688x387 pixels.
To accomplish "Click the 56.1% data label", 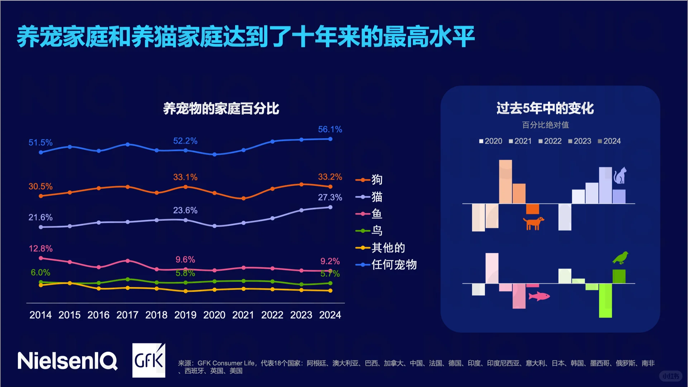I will tap(330, 129).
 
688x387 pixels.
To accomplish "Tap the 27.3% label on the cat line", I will tap(330, 197).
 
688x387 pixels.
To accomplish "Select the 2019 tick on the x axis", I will tap(185, 315).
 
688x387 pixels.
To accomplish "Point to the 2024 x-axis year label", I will tap(330, 315).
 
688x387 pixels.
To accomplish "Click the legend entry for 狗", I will tap(369, 180).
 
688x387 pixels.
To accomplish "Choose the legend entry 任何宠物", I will tap(386, 265).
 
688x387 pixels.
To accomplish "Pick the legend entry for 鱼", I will tap(369, 214).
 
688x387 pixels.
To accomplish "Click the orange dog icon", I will tap(533, 223).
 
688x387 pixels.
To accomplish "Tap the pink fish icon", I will tap(539, 296).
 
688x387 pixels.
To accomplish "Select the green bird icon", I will tap(620, 258).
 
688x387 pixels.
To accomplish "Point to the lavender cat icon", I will tap(620, 176).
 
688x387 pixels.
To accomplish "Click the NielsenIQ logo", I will tap(67, 360).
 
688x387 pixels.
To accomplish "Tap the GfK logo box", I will tap(149, 360).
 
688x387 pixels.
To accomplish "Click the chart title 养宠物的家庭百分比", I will tap(221, 109).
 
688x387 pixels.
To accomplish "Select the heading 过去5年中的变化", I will tap(545, 108).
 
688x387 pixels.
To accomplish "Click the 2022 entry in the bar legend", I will tap(550, 141).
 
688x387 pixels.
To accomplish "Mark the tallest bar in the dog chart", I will tap(505, 182).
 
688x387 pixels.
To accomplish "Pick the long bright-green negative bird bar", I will tap(605, 300).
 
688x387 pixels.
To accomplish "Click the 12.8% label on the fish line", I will tap(40, 249).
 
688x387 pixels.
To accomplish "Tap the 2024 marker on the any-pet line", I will tap(330, 139).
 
